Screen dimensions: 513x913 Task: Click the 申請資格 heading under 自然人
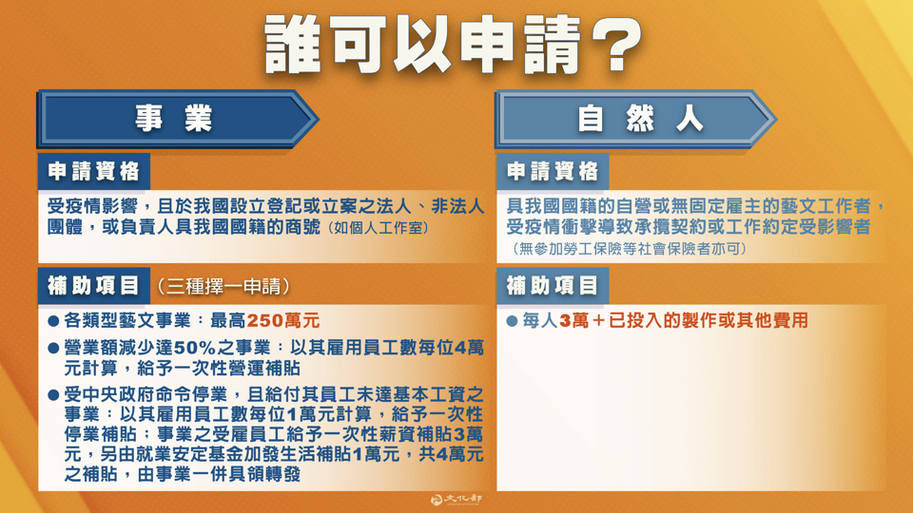tap(553, 172)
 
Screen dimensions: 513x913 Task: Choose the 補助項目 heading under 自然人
tap(553, 286)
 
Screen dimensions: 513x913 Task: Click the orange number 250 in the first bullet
tap(265, 321)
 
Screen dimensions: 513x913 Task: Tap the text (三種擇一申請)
tap(224, 286)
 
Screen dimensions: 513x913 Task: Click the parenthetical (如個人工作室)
tap(376, 229)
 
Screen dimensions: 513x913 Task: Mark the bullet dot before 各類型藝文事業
tap(53, 321)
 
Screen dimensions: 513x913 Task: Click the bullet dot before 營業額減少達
tap(53, 348)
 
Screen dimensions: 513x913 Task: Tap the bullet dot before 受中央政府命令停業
tap(53, 393)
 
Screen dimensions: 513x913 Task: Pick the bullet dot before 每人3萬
tap(512, 321)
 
